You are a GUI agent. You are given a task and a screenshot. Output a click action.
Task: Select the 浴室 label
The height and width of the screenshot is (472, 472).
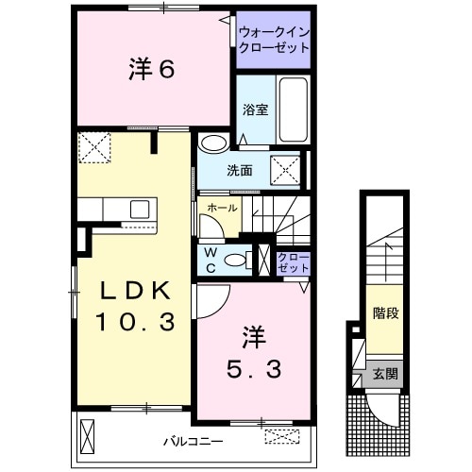point(256,110)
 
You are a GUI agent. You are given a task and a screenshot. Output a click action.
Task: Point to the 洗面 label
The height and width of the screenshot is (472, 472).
point(239,171)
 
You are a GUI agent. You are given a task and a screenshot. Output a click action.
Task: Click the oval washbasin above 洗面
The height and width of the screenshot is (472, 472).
point(214,143)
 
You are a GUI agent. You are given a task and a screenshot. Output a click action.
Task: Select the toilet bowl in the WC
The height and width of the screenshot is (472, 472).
point(241,258)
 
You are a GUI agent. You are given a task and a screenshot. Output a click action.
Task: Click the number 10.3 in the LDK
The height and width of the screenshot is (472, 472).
point(135,322)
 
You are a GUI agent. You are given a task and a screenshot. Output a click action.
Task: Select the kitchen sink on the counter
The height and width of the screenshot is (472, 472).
point(139,209)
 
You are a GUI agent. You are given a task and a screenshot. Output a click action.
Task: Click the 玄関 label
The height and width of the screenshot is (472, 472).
point(384,373)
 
